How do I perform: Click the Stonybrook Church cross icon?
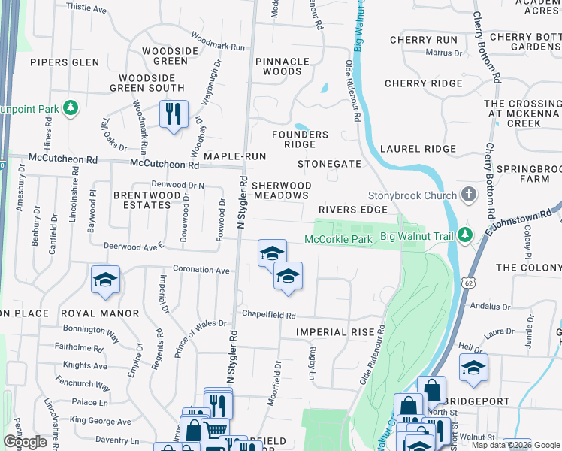[470, 196]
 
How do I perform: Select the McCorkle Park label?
[339, 240]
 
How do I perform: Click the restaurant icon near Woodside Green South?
[174, 114]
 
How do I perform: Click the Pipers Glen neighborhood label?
[65, 62]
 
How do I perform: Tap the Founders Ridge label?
[300, 139]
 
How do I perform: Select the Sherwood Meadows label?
[280, 190]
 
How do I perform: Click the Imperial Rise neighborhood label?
[335, 331]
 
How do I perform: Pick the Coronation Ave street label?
[201, 269]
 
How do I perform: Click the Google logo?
[26, 442]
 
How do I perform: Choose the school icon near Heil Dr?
[473, 368]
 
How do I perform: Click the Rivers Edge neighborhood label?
[352, 210]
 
